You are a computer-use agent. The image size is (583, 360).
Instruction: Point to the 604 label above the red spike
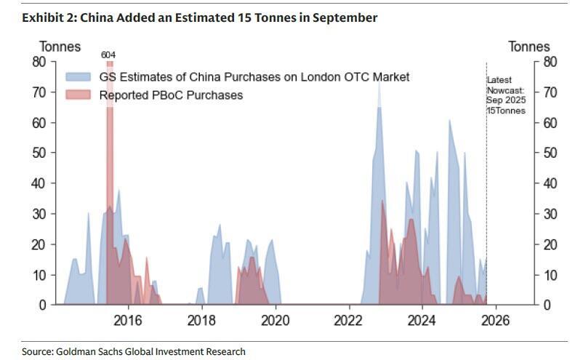coord(109,55)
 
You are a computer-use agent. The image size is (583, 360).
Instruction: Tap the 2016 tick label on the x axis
coord(128,321)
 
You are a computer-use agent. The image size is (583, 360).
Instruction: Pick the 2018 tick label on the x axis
coord(201,321)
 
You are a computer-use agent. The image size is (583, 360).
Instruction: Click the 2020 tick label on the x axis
coord(276,321)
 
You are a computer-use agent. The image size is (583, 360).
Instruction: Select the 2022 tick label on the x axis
coord(349,321)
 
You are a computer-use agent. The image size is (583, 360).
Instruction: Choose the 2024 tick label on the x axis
coord(422,321)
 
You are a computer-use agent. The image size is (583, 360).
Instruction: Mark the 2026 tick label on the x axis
coord(496,321)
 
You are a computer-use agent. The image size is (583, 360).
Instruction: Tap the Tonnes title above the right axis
coord(528,47)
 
